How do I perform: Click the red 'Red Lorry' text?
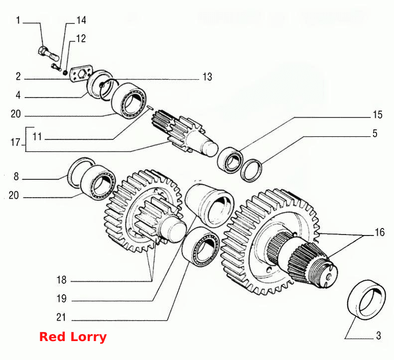click(x=73, y=337)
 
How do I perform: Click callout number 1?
click(x=18, y=20)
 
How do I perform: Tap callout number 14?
click(x=81, y=20)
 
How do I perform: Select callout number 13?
click(x=207, y=77)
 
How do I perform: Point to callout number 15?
click(x=378, y=115)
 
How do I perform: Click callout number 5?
click(x=375, y=133)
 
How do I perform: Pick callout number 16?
click(x=380, y=233)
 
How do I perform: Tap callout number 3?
click(x=379, y=336)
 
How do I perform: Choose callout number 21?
click(x=61, y=317)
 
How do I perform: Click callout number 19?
click(x=61, y=299)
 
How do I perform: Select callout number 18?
click(x=61, y=280)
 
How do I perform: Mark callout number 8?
click(x=16, y=176)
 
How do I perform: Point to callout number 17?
click(x=15, y=142)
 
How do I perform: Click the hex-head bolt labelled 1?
click(x=48, y=53)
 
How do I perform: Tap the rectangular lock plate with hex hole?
click(x=81, y=74)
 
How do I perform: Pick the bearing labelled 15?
click(x=230, y=160)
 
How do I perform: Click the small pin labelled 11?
click(x=150, y=107)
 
